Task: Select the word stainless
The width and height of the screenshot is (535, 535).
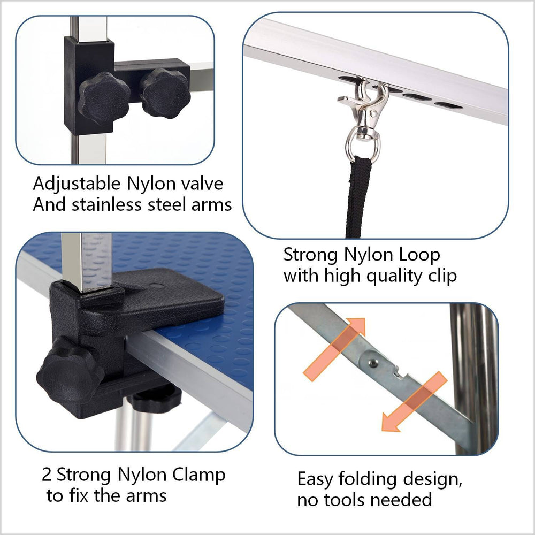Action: tap(110, 205)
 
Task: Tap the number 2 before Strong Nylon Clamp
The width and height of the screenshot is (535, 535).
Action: tap(47, 475)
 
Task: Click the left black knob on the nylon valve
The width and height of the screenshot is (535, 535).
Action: tap(103, 98)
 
